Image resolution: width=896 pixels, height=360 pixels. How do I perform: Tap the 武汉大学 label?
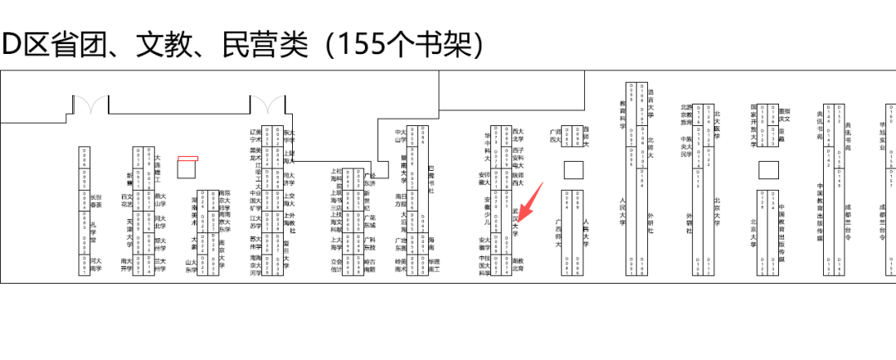click(x=515, y=222)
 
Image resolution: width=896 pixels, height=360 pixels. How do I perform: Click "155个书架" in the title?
click(x=406, y=44)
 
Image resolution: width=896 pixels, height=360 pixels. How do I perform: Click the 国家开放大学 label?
click(x=754, y=124)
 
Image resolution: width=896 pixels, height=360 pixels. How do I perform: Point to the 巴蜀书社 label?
click(x=431, y=179)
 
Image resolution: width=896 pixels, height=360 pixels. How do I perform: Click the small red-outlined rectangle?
click(x=188, y=157)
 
